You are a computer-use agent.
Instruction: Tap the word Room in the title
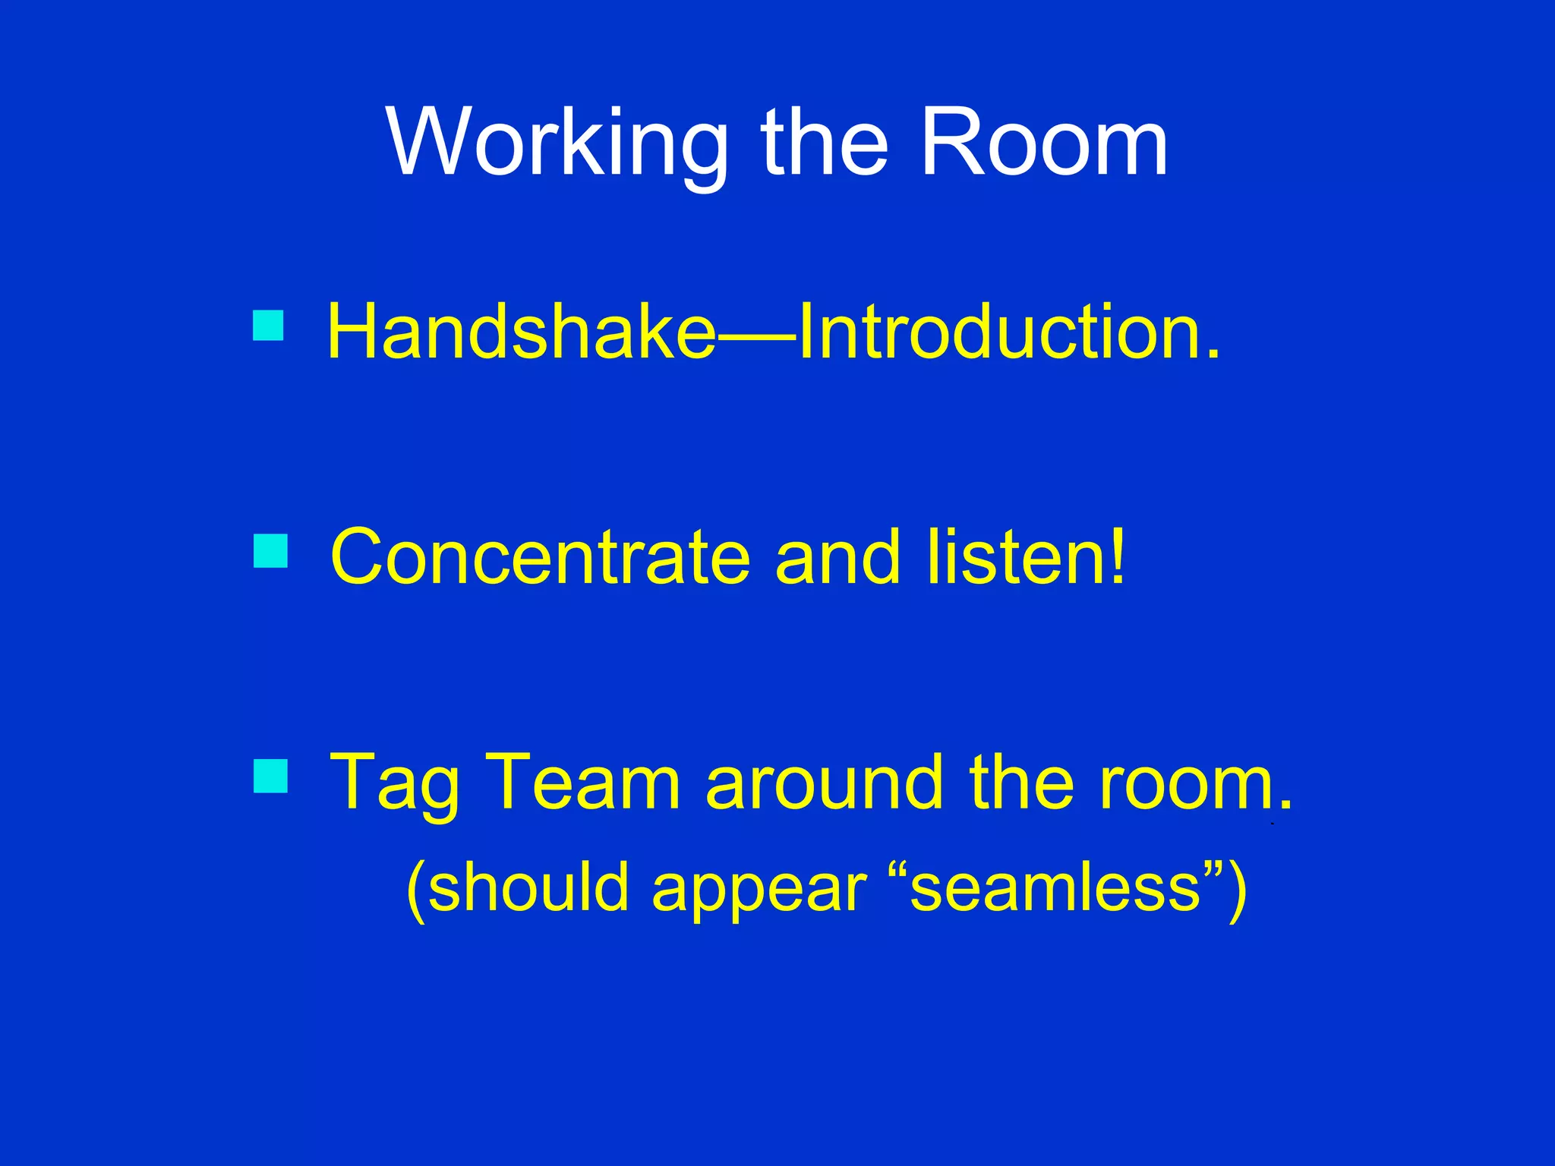click(x=1043, y=144)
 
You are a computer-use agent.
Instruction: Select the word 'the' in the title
click(x=825, y=144)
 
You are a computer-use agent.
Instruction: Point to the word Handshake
click(x=521, y=332)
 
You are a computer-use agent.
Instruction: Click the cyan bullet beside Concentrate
click(x=270, y=551)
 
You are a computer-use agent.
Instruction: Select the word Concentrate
click(x=540, y=558)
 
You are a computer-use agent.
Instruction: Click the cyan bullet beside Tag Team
click(x=270, y=776)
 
